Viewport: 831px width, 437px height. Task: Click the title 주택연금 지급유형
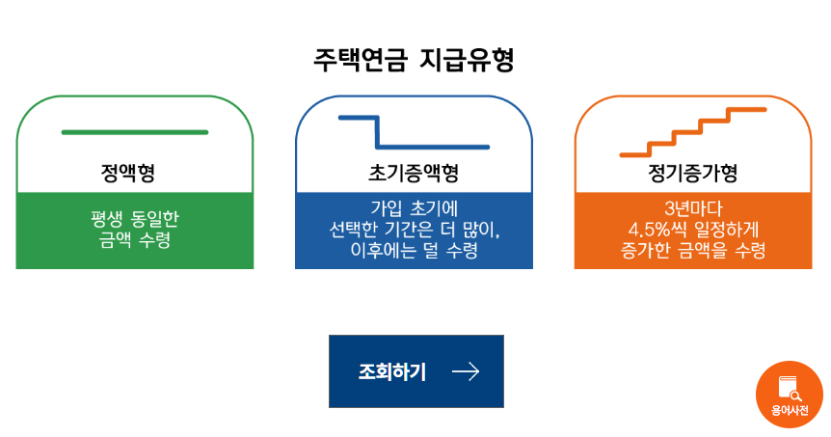[x=414, y=60]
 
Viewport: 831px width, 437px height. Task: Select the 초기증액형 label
[x=414, y=174]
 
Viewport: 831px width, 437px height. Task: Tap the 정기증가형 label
[x=693, y=174]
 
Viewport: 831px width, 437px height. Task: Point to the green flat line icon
[x=134, y=132]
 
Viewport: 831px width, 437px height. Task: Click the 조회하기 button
[x=415, y=371]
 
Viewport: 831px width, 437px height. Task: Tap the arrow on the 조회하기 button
[x=466, y=371]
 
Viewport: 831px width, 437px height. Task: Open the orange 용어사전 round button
[x=789, y=395]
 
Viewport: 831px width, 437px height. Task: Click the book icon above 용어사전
[x=789, y=387]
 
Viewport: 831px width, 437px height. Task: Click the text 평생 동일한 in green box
[x=134, y=219]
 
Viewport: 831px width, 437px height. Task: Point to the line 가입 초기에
[x=414, y=208]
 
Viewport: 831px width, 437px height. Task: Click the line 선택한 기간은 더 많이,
[x=414, y=230]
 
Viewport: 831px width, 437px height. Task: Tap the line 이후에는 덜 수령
[x=414, y=251]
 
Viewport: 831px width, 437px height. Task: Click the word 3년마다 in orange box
[x=693, y=208]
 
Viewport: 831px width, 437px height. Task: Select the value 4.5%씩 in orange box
[x=657, y=230]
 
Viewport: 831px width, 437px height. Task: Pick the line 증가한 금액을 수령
[x=693, y=251]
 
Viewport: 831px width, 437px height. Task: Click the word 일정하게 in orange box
[x=725, y=230]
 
